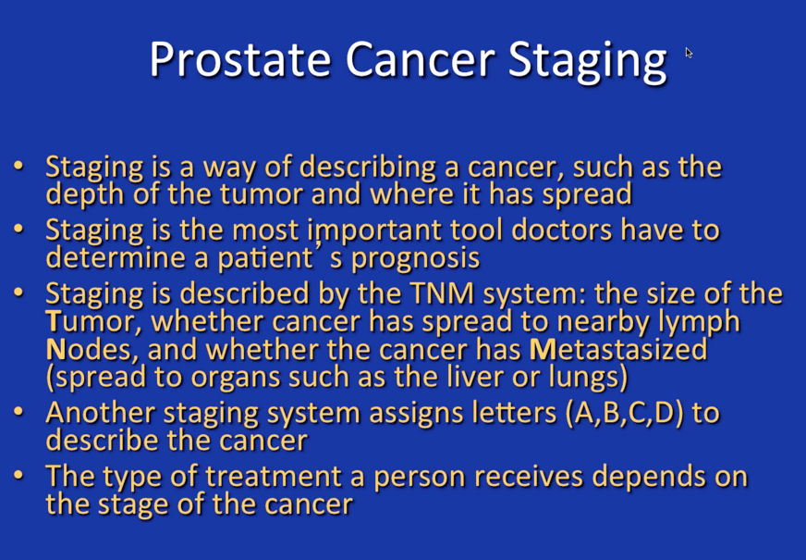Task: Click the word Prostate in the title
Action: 240,59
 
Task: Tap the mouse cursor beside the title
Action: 689,53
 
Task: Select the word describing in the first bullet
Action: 368,168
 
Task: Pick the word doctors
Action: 561,230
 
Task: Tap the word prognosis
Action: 415,259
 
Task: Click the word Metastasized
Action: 618,350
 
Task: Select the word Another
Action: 102,414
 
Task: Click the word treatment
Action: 274,477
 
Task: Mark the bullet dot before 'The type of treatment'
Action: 18,475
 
